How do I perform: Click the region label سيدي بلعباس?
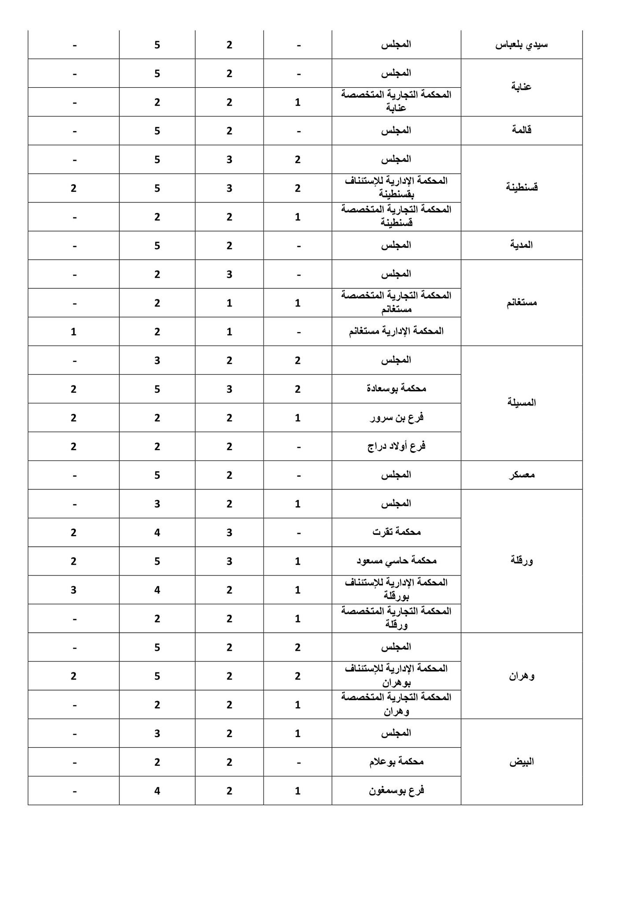522,45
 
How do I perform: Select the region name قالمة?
522,131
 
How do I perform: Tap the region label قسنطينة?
522,187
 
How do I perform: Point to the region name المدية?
522,245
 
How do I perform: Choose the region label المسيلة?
522,403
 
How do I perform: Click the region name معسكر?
522,475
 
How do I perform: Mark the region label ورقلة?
522,561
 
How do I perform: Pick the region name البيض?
522,762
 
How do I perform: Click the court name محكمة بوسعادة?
396,389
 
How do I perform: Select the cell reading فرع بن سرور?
396,418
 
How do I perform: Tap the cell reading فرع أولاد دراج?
396,446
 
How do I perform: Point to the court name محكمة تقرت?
396,532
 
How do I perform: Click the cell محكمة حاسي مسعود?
396,561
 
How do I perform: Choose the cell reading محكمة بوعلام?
396,762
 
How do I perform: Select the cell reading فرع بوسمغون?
396,791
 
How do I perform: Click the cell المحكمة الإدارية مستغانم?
396,331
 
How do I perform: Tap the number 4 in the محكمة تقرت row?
157,533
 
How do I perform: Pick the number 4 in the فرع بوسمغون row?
157,791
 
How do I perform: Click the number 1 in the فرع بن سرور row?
298,418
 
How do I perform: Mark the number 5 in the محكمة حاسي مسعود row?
157,561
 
